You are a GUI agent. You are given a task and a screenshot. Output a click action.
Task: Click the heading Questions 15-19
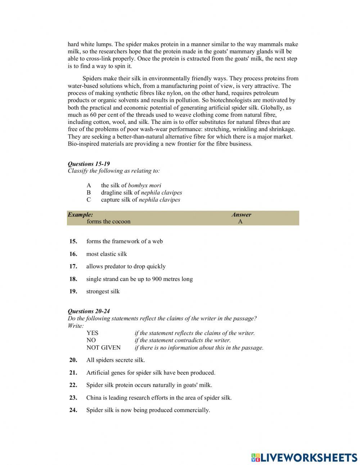click(89, 164)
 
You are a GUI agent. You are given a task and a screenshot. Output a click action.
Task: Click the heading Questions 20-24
click(89, 311)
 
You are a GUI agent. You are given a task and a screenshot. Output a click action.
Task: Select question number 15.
click(73, 241)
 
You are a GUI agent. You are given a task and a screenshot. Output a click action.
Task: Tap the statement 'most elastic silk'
click(107, 254)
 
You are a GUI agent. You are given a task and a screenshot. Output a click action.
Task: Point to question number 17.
click(73, 267)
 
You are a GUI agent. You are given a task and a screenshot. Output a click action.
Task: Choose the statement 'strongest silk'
click(103, 291)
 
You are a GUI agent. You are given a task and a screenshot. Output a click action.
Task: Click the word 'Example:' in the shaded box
click(80, 215)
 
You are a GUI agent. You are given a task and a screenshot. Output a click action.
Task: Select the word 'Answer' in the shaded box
click(241, 215)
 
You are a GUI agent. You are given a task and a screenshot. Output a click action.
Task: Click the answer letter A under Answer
click(240, 222)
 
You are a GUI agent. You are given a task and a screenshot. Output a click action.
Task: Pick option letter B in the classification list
click(89, 193)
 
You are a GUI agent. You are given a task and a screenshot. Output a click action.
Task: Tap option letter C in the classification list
click(89, 200)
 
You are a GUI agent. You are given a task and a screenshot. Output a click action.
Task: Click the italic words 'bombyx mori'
click(145, 185)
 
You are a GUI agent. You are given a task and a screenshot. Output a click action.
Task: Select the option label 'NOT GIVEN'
click(104, 348)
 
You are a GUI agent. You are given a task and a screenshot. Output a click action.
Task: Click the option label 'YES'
click(92, 333)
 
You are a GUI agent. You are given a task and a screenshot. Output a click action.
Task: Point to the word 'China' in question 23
click(94, 398)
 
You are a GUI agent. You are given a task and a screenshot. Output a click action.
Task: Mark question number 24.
click(73, 410)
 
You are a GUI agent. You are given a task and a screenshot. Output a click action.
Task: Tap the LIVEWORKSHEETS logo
click(304, 457)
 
